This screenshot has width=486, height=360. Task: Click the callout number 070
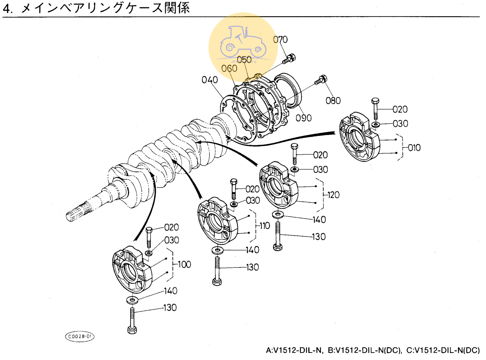[x=280, y=40]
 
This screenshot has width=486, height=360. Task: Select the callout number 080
[x=333, y=101]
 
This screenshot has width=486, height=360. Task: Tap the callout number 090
[x=304, y=118]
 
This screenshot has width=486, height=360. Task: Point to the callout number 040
[x=209, y=80]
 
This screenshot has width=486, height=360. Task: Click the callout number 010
[x=414, y=148]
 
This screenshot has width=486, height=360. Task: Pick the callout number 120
[x=333, y=195]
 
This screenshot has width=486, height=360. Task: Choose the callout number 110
[x=265, y=226]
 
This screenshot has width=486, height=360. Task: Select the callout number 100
[x=184, y=264]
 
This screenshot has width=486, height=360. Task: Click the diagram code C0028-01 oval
[x=80, y=336]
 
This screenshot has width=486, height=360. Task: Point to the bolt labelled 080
[x=320, y=80]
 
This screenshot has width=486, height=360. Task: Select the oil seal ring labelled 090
[x=288, y=90]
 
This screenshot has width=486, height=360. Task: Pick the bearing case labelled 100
[x=132, y=270]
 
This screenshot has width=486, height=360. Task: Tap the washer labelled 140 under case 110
[x=218, y=250]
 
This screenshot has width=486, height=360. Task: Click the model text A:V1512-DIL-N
[x=294, y=350]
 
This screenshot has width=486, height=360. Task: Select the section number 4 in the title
[x=7, y=8]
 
